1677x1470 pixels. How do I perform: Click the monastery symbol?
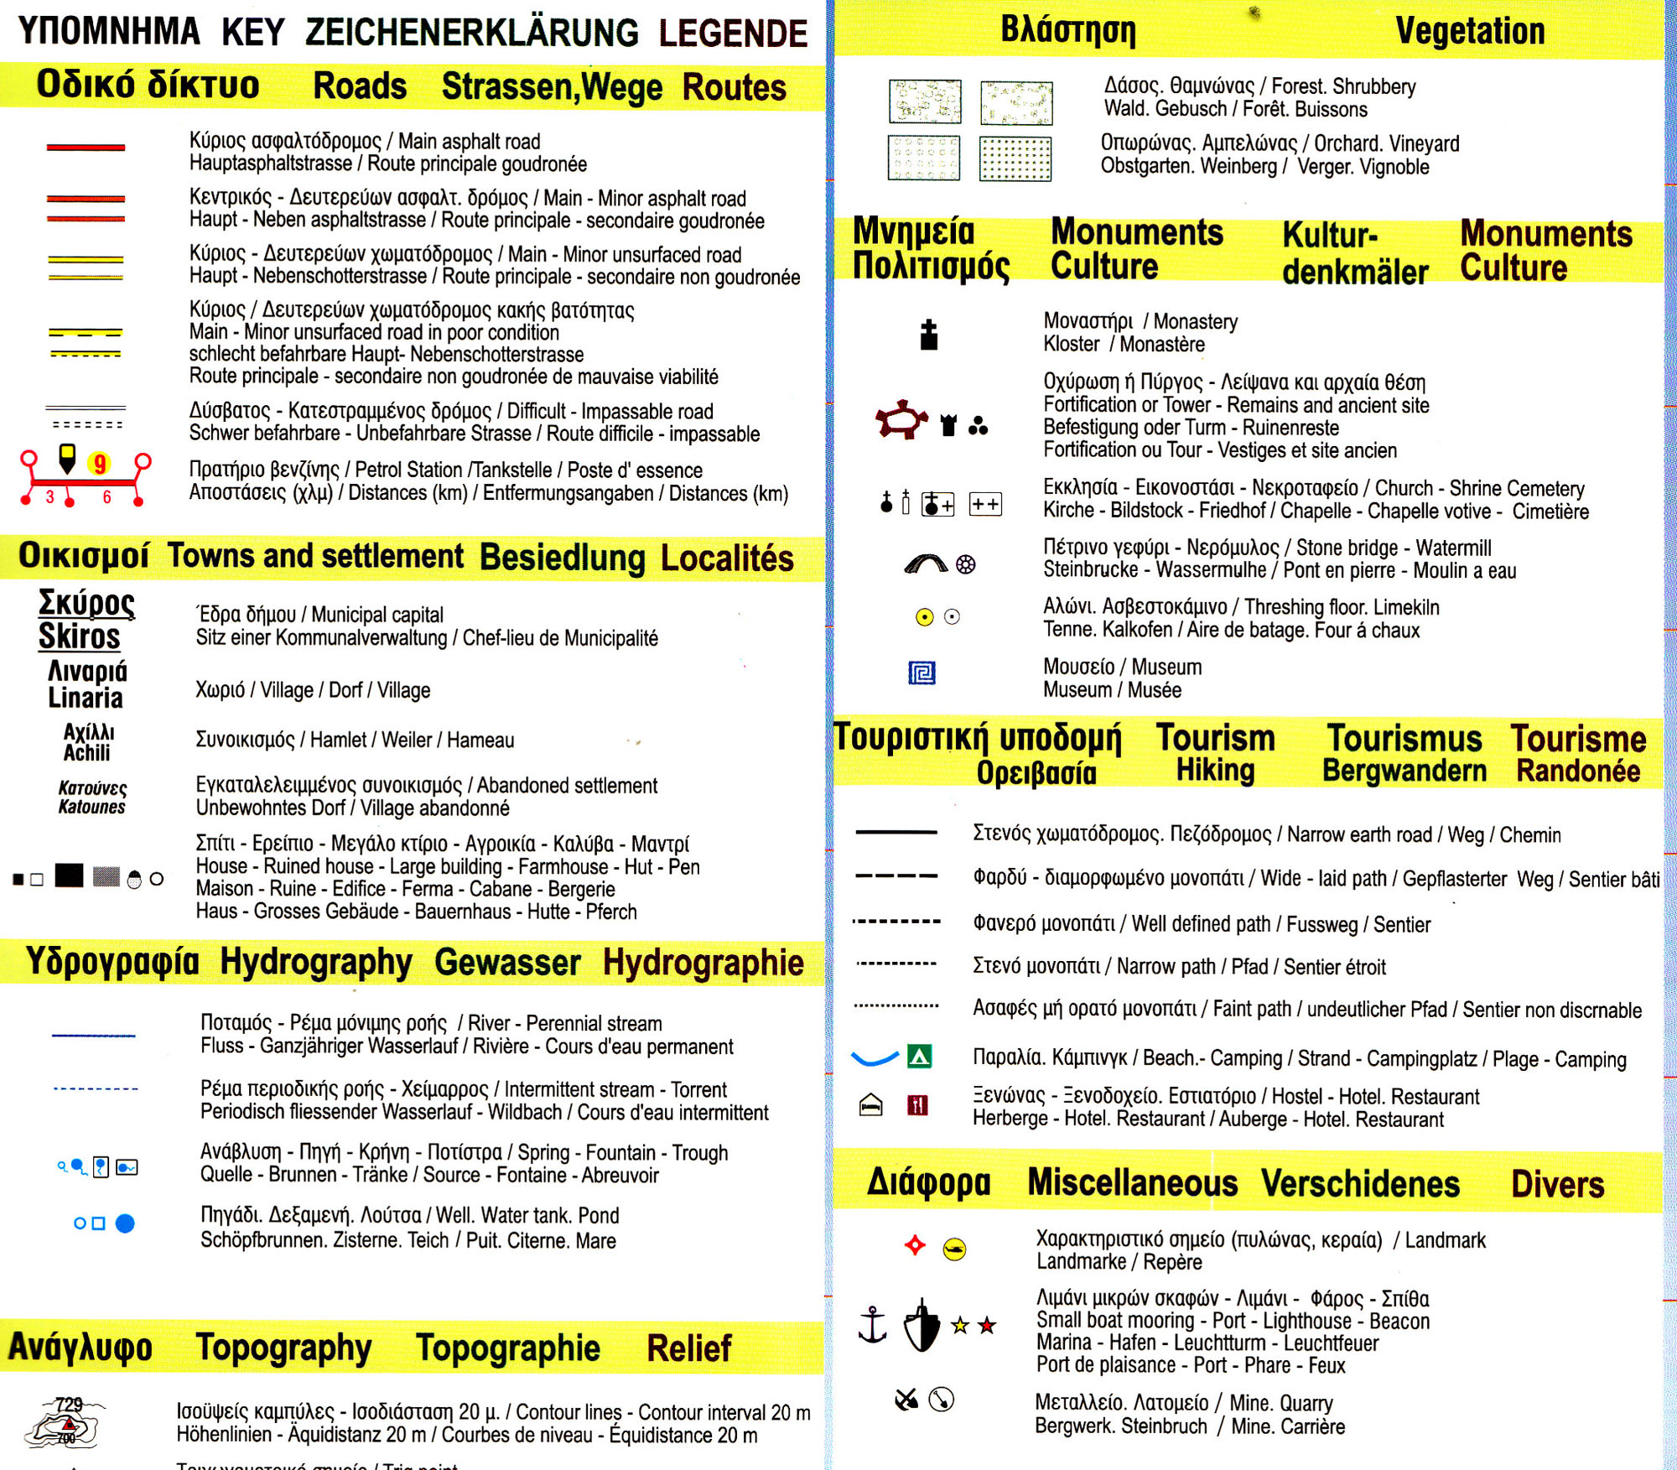pyautogui.click(x=928, y=335)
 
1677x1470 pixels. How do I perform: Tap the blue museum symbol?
pyautogui.click(x=922, y=673)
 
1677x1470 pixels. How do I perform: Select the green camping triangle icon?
pyautogui.click(x=919, y=1057)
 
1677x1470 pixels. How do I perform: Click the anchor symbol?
pyautogui.click(x=872, y=1324)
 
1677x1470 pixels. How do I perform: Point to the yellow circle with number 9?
pyautogui.click(x=100, y=464)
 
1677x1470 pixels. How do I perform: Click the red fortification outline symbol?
pyautogui.click(x=901, y=419)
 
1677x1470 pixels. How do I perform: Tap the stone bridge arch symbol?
pyautogui.click(x=926, y=564)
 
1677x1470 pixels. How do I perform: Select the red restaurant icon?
pyautogui.click(x=917, y=1105)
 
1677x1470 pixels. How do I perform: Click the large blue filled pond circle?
pyautogui.click(x=125, y=1223)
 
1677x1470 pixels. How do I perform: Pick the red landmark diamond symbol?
pyautogui.click(x=915, y=1245)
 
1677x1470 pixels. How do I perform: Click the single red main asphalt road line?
pyautogui.click(x=86, y=148)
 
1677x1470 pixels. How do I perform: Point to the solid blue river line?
pyautogui.click(x=93, y=1036)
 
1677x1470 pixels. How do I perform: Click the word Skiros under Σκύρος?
pyautogui.click(x=80, y=636)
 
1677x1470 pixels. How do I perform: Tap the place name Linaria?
pyautogui.click(x=86, y=698)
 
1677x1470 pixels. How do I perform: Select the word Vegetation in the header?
pyautogui.click(x=1469, y=31)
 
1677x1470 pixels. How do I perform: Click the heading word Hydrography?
pyautogui.click(x=316, y=963)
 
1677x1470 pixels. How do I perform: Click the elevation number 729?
pyautogui.click(x=69, y=1404)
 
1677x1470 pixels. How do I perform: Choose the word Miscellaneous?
pyautogui.click(x=1132, y=1182)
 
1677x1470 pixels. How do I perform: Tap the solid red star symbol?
pyautogui.click(x=987, y=1325)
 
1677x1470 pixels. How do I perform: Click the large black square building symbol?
pyautogui.click(x=69, y=875)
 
